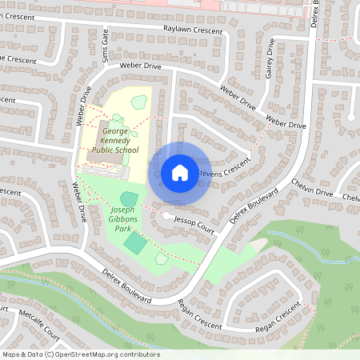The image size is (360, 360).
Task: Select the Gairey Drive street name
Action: (x=270, y=62)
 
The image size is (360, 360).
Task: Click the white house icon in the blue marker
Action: (x=180, y=172)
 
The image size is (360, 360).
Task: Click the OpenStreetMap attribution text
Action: (x=81, y=354)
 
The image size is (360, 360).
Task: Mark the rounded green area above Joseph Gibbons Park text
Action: (x=128, y=198)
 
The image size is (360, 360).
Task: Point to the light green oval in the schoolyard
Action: (x=139, y=102)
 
